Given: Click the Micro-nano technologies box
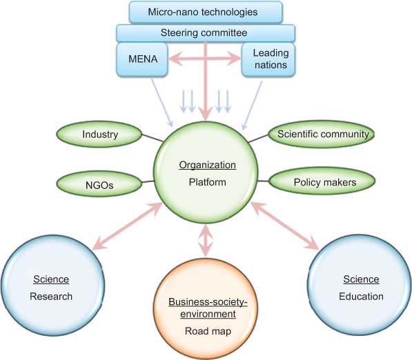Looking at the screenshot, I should point(206,12).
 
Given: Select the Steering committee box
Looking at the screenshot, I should point(206,32).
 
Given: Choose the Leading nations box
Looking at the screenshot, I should point(266,60).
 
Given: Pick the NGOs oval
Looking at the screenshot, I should point(87,184).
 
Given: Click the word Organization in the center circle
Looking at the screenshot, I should point(208,166).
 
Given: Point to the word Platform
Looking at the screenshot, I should point(208,183).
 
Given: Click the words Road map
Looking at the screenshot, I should point(207,330).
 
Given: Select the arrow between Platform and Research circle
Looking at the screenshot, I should point(125,225).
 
